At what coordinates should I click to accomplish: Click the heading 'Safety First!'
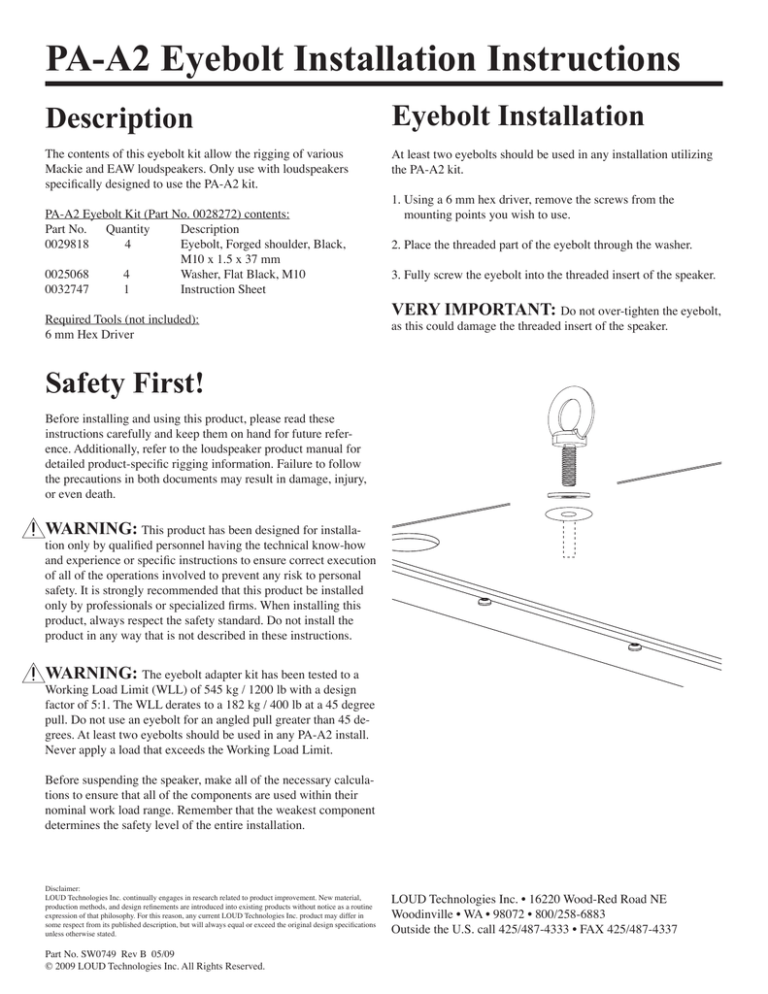(x=125, y=383)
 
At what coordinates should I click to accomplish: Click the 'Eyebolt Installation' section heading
(x=518, y=116)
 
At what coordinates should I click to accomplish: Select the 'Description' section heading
(x=119, y=118)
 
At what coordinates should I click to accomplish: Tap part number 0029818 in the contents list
(x=68, y=245)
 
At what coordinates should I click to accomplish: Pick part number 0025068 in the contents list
(x=68, y=275)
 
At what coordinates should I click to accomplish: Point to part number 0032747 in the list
(x=68, y=289)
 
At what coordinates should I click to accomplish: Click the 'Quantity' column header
(x=127, y=229)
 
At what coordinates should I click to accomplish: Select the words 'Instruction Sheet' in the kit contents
(x=223, y=289)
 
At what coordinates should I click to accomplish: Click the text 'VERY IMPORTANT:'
(x=473, y=310)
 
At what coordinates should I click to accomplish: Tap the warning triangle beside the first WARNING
(x=33, y=528)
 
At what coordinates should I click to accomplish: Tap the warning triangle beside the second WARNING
(x=33, y=674)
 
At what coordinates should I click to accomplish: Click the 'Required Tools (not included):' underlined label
(x=122, y=319)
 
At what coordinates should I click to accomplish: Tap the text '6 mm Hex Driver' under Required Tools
(x=89, y=335)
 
